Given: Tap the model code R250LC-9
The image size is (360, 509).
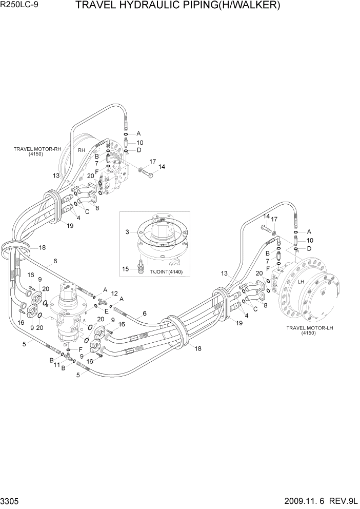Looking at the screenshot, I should pyautogui.click(x=22, y=6).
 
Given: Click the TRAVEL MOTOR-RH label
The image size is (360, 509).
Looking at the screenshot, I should pyautogui.click(x=37, y=149).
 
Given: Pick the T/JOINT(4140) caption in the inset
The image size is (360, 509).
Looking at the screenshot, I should pyautogui.click(x=166, y=271).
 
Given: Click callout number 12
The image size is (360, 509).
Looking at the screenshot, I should pyautogui.click(x=114, y=292).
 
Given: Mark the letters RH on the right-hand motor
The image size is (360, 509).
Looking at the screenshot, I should pyautogui.click(x=81, y=150).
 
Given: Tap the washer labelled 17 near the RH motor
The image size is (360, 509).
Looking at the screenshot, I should pyautogui.click(x=141, y=168).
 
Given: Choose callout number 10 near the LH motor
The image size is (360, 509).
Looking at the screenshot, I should pyautogui.click(x=309, y=240).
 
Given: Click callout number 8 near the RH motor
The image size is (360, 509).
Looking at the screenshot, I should pyautogui.click(x=97, y=208).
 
